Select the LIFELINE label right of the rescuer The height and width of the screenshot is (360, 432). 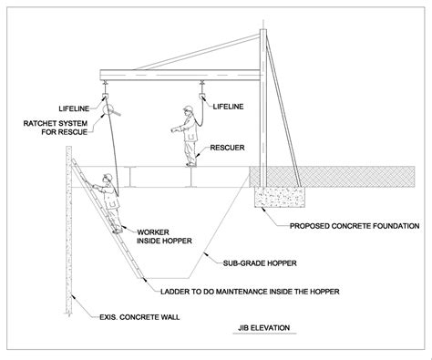pyautogui.click(x=228, y=107)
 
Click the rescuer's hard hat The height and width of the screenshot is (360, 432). pyautogui.click(x=187, y=110)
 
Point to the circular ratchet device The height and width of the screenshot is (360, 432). pyautogui.click(x=108, y=111)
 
